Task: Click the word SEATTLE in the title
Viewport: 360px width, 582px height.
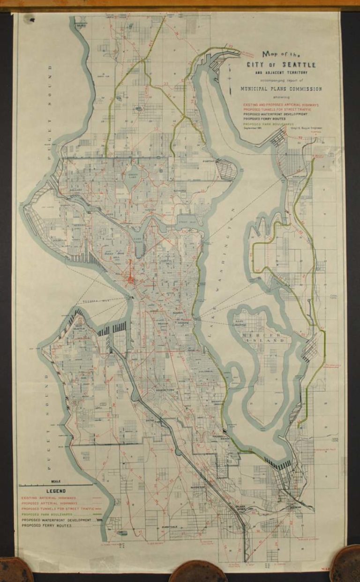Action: [301, 65]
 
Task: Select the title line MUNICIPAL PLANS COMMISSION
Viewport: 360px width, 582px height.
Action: [281, 89]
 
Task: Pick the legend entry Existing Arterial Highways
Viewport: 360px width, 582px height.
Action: [49, 498]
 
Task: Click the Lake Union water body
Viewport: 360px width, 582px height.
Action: [139, 243]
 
